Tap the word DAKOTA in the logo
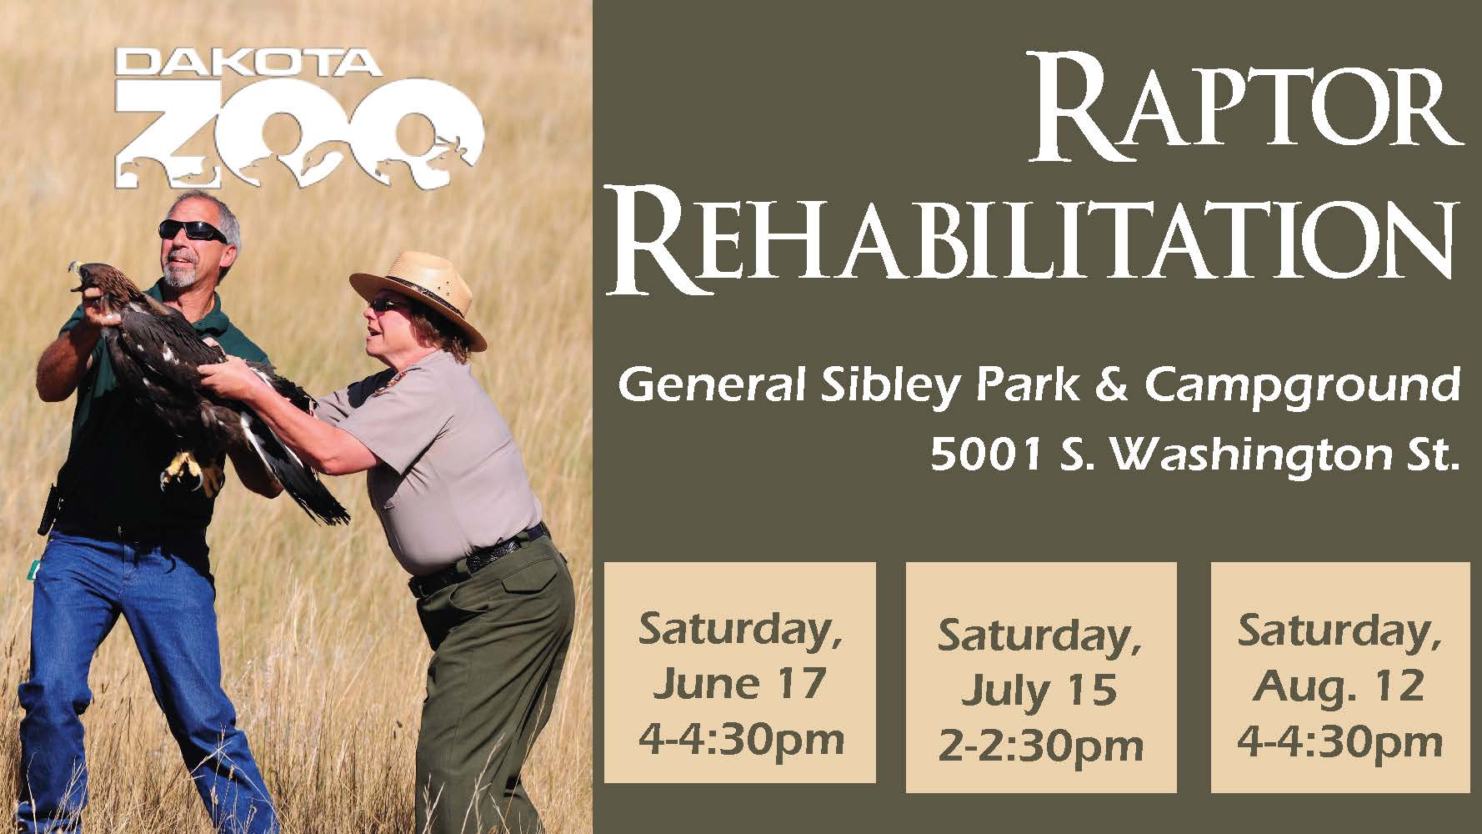tap(249, 63)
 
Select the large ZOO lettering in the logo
tap(298, 134)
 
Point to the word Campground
tap(1302, 389)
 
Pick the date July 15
tap(1039, 691)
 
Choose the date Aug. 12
tap(1339, 686)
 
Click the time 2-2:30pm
tap(1040, 746)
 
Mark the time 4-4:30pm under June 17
tap(740, 739)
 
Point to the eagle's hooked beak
tap(77, 270)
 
